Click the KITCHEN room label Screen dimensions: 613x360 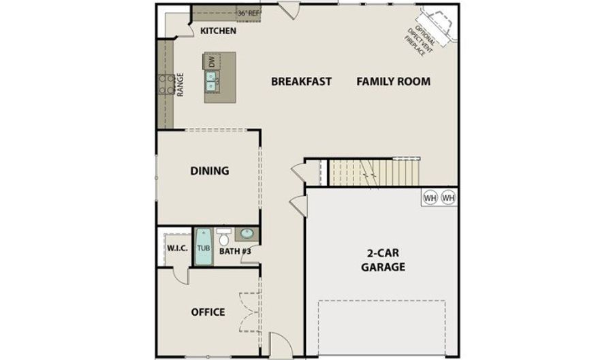[x=218, y=31]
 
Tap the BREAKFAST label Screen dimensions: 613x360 [x=301, y=81]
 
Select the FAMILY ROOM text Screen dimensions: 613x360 [x=393, y=81]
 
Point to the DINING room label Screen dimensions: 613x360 [x=210, y=171]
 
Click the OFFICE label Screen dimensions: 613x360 [x=208, y=312]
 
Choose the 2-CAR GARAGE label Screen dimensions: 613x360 [x=383, y=260]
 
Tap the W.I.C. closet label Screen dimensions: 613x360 [x=178, y=248]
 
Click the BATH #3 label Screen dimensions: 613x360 [x=234, y=251]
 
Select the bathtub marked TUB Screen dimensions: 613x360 [x=204, y=247]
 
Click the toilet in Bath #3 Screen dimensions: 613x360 [x=224, y=237]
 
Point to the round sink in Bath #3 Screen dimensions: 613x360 [x=247, y=233]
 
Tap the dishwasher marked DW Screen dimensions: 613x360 [x=212, y=61]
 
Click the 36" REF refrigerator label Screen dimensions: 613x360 [x=249, y=14]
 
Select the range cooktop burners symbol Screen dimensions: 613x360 [x=167, y=84]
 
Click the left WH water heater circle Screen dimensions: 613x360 [x=430, y=197]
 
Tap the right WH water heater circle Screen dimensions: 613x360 [x=448, y=197]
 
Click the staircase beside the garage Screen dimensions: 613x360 [x=374, y=172]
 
